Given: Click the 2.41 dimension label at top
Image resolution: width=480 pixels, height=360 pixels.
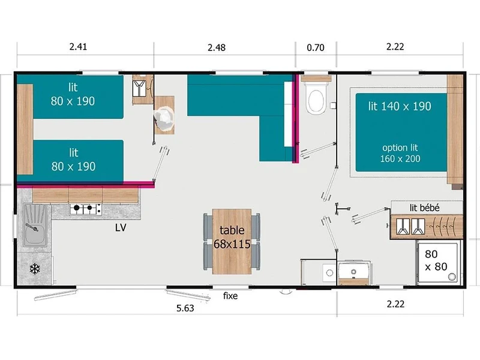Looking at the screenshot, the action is tap(78, 47).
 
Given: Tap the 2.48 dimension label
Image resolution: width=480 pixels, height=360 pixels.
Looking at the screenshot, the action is tap(217, 47).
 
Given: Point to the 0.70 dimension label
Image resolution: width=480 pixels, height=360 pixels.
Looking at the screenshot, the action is tap(316, 47).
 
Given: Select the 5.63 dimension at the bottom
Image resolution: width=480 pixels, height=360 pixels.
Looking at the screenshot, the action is tap(185, 308).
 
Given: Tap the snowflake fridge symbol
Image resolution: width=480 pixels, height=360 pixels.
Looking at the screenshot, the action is tap(35, 269).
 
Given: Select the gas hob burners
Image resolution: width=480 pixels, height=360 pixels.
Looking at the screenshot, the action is tap(85, 209).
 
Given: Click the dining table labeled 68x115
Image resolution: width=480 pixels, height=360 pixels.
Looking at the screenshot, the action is tap(232, 242).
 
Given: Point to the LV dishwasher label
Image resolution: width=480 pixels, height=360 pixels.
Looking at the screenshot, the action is tap(121, 227).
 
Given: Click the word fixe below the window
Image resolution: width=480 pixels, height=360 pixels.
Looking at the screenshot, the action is tap(230, 296).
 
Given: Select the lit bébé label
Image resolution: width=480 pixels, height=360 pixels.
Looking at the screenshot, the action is tap(425, 208).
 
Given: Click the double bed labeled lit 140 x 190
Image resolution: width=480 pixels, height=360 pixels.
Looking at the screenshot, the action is tap(401, 132).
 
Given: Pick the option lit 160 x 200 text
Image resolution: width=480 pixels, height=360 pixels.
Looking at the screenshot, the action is tap(400, 153).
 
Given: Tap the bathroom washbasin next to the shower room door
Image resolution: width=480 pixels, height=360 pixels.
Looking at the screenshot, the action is tap(354, 271).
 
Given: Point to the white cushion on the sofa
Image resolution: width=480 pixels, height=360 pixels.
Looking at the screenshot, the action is tap(289, 114).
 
